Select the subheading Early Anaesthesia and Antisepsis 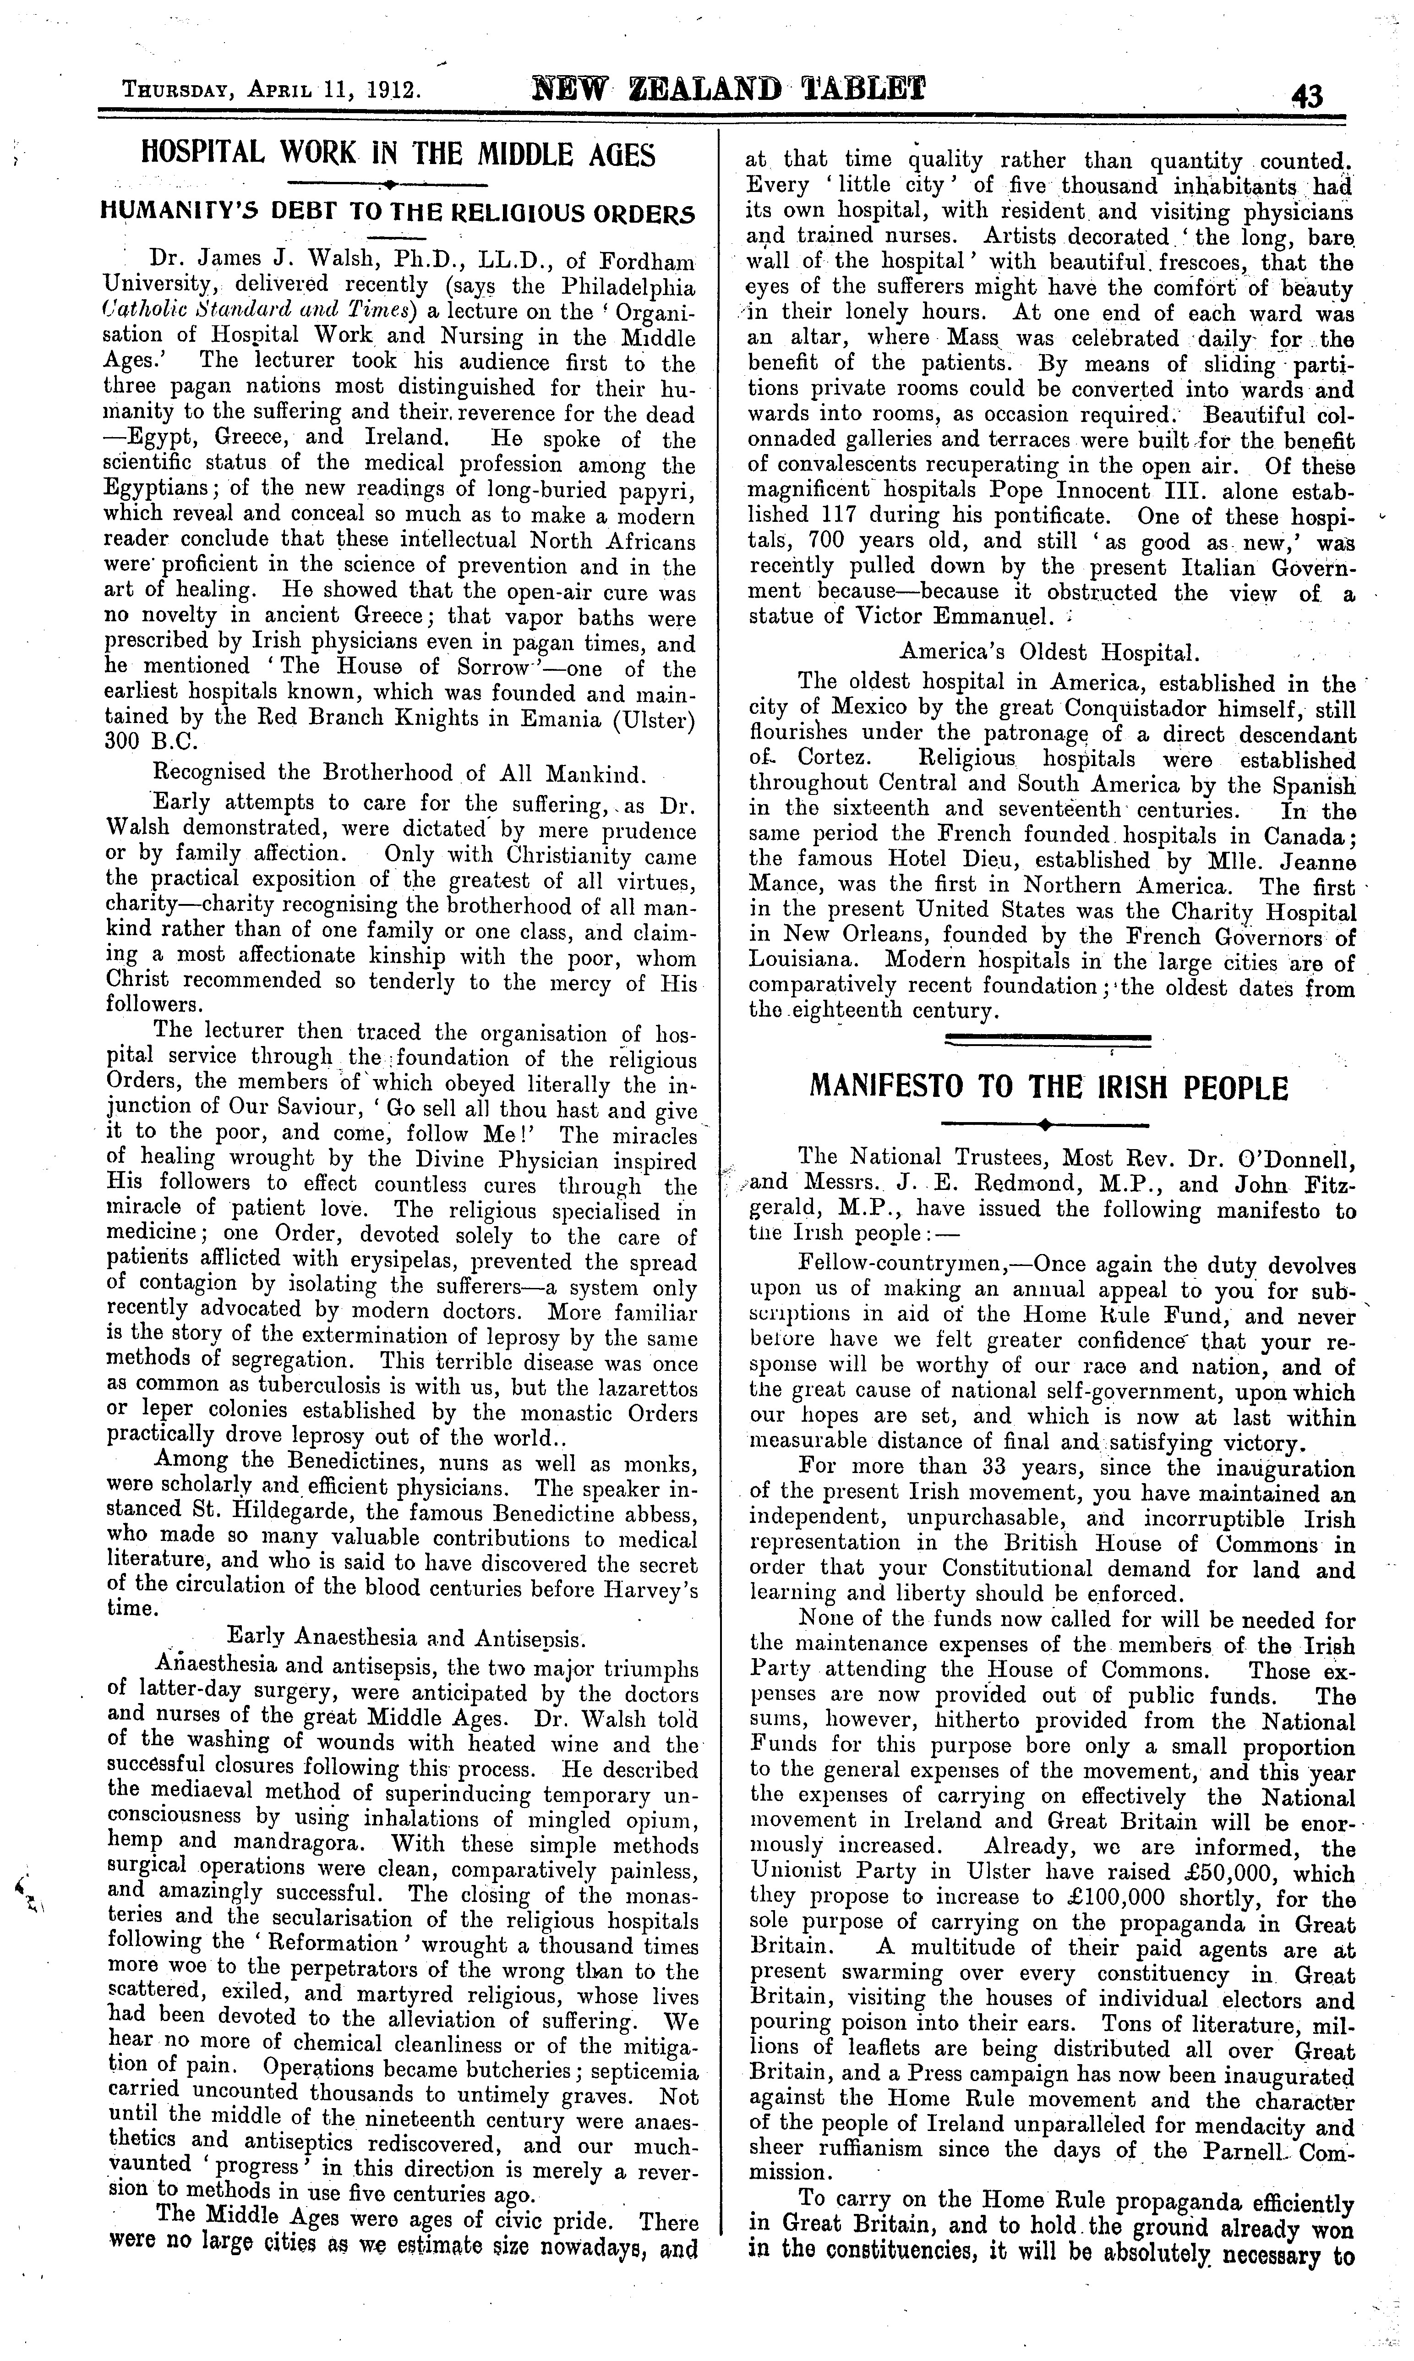(405, 1637)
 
